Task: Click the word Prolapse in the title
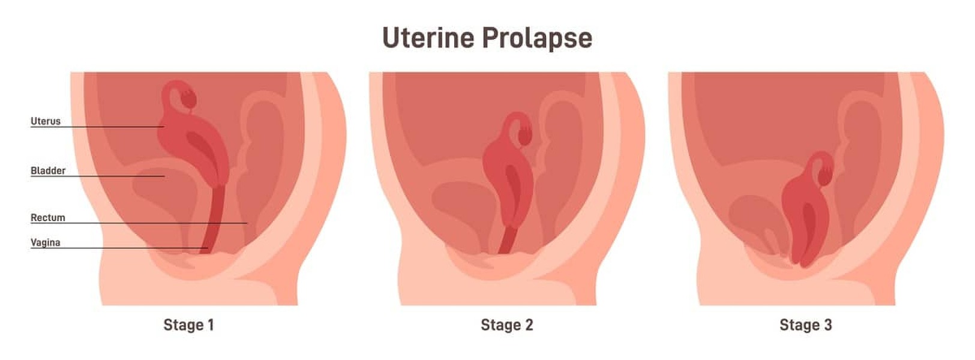click(537, 39)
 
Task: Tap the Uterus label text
click(46, 121)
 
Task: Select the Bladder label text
click(48, 171)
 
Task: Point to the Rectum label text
click(48, 218)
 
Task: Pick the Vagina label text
click(46, 243)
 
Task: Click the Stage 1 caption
click(188, 325)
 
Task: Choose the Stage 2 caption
click(507, 325)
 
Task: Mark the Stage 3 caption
click(806, 325)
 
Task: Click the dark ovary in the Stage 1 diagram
click(188, 98)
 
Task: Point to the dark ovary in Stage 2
click(525, 136)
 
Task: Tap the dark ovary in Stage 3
click(825, 175)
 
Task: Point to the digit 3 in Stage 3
click(828, 325)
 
